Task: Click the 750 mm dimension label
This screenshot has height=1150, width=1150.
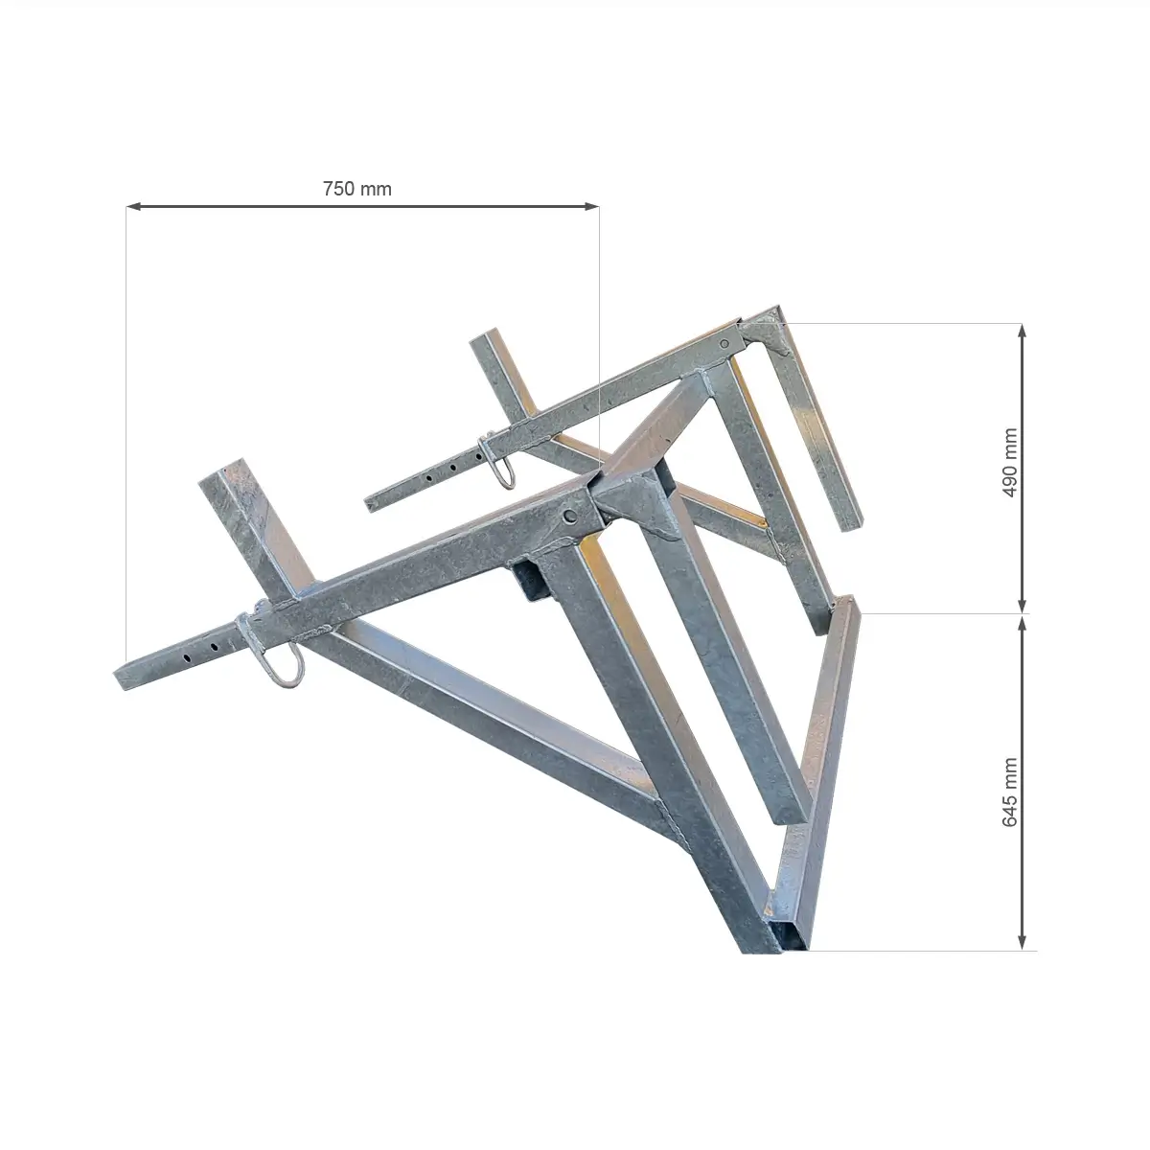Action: point(356,189)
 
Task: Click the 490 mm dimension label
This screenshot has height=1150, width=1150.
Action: point(1009,462)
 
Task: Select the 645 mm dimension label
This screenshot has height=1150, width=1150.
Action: point(1009,793)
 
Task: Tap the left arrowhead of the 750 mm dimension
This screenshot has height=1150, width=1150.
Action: point(133,206)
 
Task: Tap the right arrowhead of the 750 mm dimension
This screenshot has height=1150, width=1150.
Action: point(591,206)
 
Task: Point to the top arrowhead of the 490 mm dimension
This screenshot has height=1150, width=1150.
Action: point(1022,332)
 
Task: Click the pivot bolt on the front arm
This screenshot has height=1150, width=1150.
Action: point(570,517)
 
